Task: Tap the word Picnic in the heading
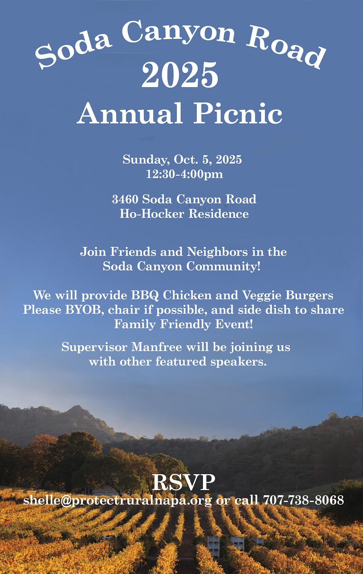(x=238, y=113)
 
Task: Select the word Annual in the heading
(x=130, y=113)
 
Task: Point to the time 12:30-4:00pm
(x=184, y=174)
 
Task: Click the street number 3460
(x=125, y=199)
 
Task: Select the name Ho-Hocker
(x=152, y=214)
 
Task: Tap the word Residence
(x=219, y=214)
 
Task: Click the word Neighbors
(x=217, y=252)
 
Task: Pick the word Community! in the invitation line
(x=223, y=266)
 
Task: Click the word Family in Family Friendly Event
(x=135, y=325)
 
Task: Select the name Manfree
(x=156, y=347)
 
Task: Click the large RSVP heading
(x=183, y=483)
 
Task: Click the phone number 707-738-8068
(x=303, y=500)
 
